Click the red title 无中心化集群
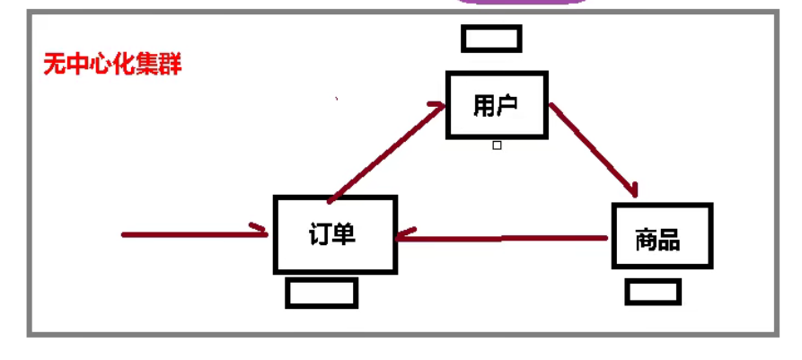[x=112, y=65]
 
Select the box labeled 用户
[x=497, y=106]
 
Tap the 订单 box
[x=334, y=234]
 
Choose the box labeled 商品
[x=661, y=236]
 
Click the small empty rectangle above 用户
[x=491, y=39]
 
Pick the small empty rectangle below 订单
[x=322, y=293]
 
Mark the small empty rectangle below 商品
[x=653, y=292]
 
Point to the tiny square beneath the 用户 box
[x=497, y=145]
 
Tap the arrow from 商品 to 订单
[x=503, y=238]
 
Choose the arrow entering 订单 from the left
[x=193, y=234]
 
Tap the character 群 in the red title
[x=171, y=65]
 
